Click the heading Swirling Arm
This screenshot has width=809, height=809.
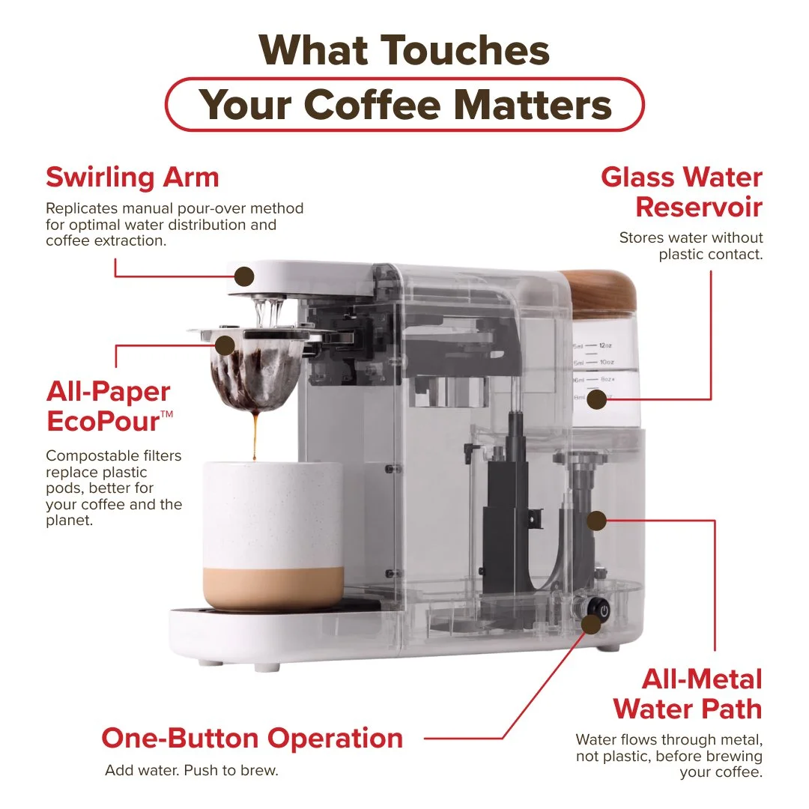tap(133, 178)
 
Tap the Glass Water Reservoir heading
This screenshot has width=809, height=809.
tap(682, 192)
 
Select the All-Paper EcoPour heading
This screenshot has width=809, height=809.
tap(109, 407)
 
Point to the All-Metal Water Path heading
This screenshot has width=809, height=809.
tap(687, 694)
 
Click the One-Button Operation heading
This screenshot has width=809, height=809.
tap(252, 738)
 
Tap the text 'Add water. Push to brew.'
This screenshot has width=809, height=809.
tap(192, 770)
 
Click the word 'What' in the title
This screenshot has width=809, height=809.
tap(314, 50)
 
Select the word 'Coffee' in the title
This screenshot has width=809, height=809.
tap(375, 105)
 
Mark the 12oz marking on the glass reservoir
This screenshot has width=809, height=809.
tap(605, 345)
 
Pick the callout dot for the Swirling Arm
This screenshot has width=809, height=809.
tap(244, 276)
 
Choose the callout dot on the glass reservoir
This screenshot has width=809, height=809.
tap(596, 399)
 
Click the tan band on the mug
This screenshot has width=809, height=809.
tap(273, 587)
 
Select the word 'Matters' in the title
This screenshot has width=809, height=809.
tap(533, 105)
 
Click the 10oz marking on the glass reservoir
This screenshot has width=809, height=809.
tap(607, 363)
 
